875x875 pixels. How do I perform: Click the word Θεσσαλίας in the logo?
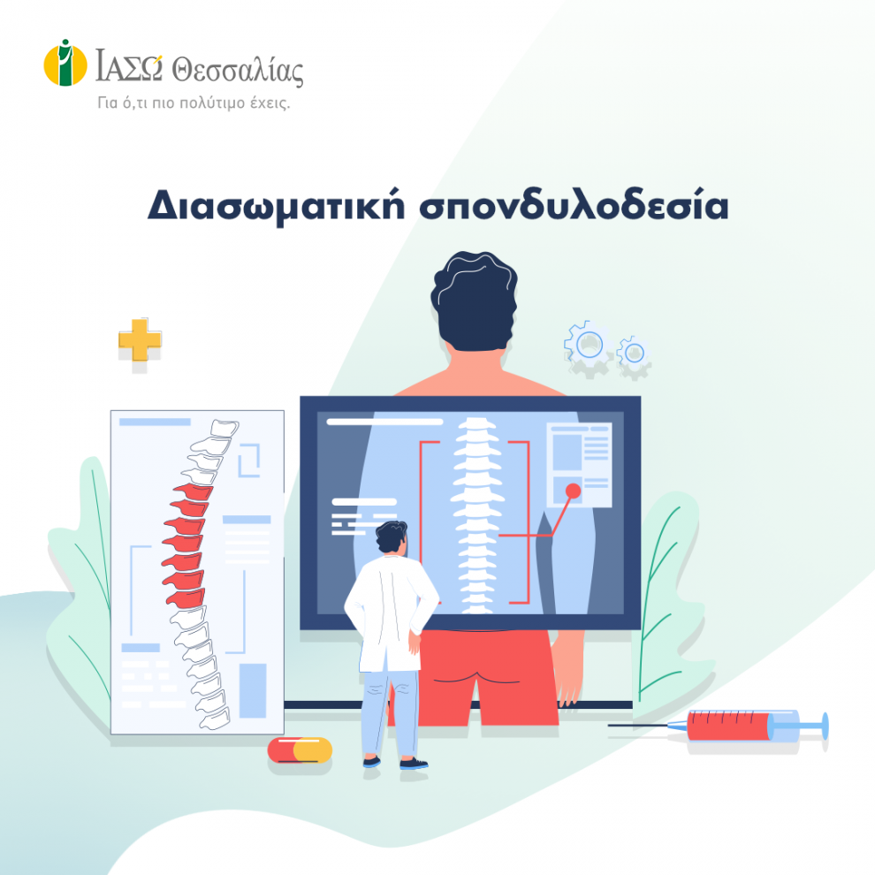tap(237, 71)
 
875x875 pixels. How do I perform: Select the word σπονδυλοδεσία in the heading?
tap(574, 205)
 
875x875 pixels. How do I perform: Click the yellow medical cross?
tap(140, 339)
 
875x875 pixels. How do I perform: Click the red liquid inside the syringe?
tap(728, 726)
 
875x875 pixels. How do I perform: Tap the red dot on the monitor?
tap(573, 491)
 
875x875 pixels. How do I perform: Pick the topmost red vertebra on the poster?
tap(194, 491)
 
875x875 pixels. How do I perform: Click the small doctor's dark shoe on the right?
tap(414, 763)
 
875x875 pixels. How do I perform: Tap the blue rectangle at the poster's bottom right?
tap(253, 690)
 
